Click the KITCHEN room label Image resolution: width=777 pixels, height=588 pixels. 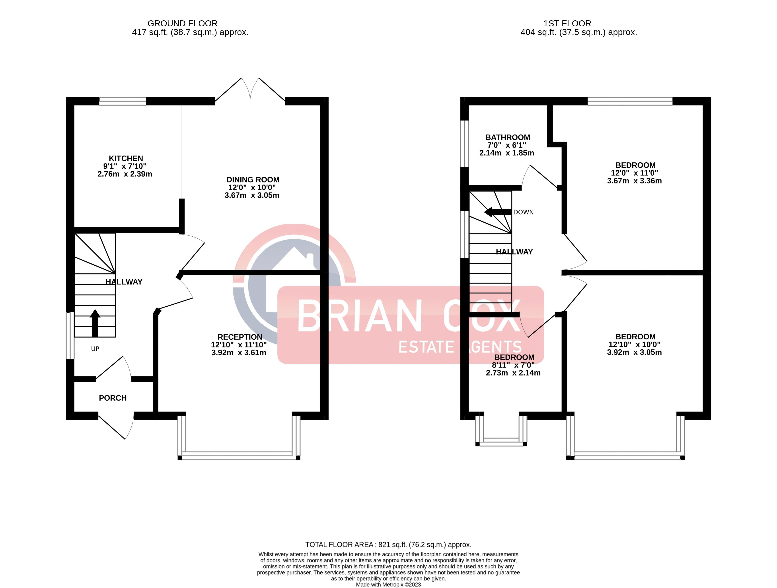click(x=126, y=158)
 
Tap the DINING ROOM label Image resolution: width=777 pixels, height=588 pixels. click(x=253, y=180)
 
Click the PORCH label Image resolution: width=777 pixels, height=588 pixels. click(x=113, y=398)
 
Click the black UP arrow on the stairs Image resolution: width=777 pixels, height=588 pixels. click(x=95, y=323)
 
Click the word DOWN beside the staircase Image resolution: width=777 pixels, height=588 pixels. click(x=523, y=212)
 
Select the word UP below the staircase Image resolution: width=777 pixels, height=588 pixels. click(x=95, y=349)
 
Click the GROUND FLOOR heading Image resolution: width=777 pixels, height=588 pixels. click(x=183, y=23)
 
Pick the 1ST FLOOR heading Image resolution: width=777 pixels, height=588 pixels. click(x=567, y=23)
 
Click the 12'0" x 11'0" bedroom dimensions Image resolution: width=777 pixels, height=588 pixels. click(x=634, y=173)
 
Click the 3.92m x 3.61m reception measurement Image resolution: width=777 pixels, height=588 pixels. click(x=239, y=353)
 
